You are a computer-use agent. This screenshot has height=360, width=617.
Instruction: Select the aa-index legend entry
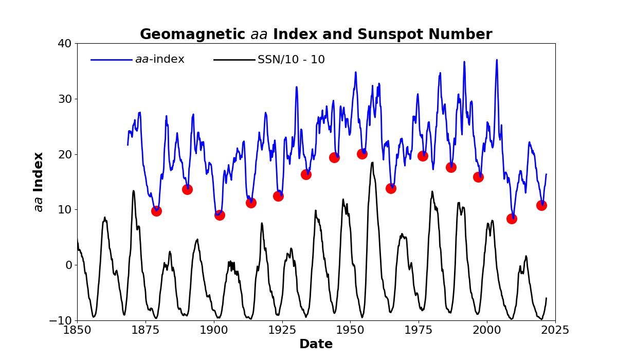click(x=159, y=60)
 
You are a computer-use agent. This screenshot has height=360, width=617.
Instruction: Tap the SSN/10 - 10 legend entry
click(x=291, y=60)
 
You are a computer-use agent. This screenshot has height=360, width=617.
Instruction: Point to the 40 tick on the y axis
click(x=65, y=43)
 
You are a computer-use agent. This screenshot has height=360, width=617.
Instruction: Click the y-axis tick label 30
click(x=65, y=99)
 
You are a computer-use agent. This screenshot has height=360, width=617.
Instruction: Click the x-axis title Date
click(x=316, y=344)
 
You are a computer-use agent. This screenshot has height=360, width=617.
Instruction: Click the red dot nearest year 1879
click(x=156, y=211)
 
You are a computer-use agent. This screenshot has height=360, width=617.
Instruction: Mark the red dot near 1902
click(x=220, y=215)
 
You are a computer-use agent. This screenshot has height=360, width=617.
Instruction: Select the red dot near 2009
click(x=512, y=219)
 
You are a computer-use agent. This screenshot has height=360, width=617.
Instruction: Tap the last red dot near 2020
click(x=541, y=205)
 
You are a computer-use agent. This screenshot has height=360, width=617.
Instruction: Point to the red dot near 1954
click(x=362, y=154)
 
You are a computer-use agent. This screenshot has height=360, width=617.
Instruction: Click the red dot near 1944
click(x=334, y=157)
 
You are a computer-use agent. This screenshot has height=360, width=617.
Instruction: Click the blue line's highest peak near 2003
click(x=497, y=60)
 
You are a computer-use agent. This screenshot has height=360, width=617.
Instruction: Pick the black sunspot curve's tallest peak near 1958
click(x=372, y=163)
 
